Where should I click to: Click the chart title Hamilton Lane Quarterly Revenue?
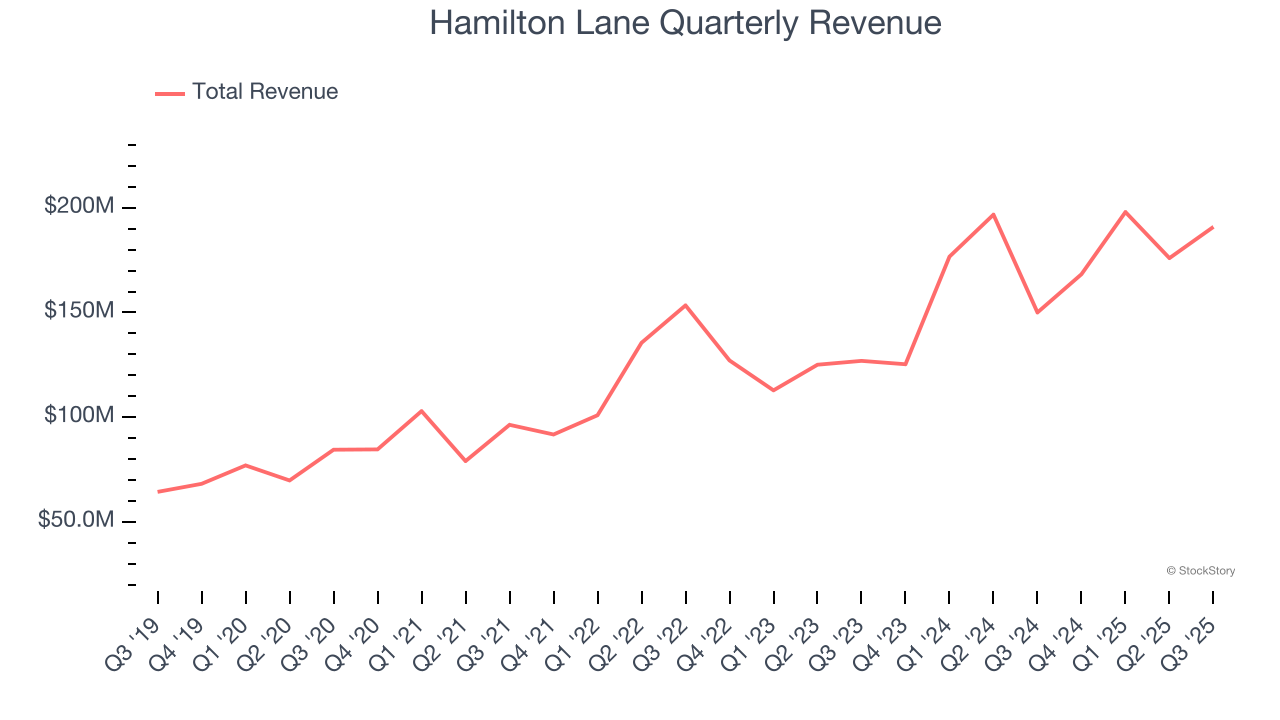685,23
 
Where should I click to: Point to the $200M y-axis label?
79,207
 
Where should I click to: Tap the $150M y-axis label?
79,311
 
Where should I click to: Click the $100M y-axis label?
79,416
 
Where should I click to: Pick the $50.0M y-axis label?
76,521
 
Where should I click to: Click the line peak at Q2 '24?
993,214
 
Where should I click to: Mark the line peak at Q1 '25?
1125,212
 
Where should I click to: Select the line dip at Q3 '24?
1037,312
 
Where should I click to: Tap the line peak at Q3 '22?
685,305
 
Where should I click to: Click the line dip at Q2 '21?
466,461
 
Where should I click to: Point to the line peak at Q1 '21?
422,411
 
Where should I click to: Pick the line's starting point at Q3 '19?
158,492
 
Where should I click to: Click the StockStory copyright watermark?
1200,571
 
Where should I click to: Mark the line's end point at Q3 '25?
1213,227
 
